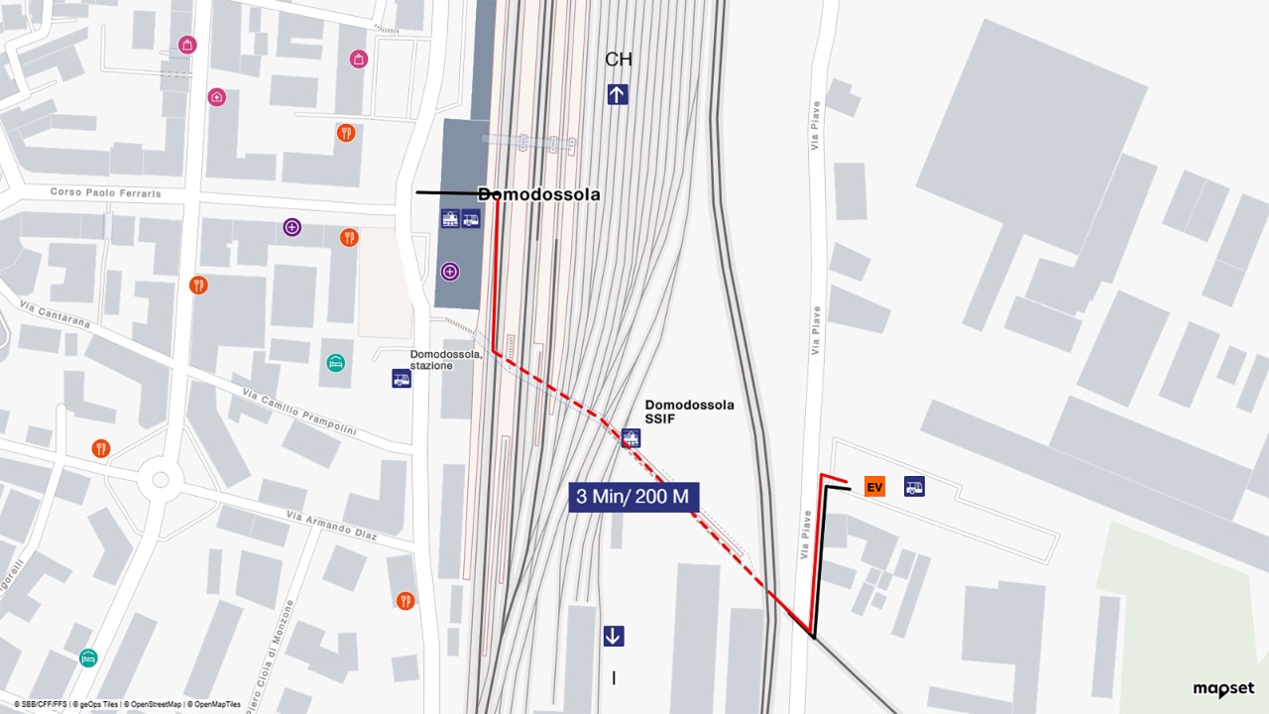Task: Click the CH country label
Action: tap(619, 59)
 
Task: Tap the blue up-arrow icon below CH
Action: tap(618, 94)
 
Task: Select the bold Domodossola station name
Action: tap(539, 194)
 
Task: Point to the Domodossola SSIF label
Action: tap(689, 413)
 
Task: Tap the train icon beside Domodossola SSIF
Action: tap(631, 438)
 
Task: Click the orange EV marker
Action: tap(874, 487)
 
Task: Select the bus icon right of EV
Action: tap(914, 487)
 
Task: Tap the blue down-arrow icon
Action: tap(614, 636)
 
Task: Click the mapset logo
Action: tap(1223, 689)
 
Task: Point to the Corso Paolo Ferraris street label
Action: tap(106, 192)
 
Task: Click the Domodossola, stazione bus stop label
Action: tap(446, 360)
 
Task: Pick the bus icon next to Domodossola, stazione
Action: tap(402, 378)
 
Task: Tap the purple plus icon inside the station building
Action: tap(451, 271)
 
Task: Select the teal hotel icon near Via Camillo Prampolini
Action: tap(335, 363)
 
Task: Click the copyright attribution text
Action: tap(127, 704)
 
